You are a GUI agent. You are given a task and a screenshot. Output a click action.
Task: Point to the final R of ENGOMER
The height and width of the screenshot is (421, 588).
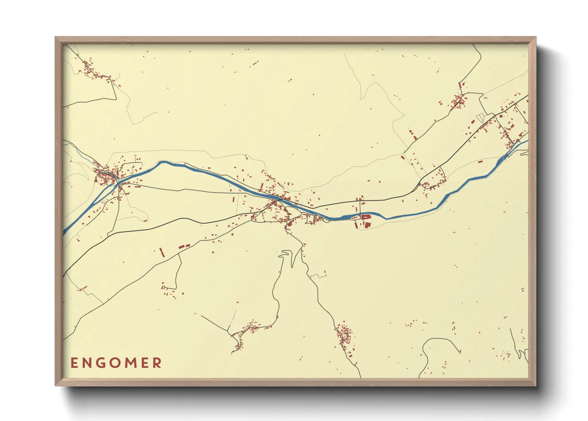pos(157,363)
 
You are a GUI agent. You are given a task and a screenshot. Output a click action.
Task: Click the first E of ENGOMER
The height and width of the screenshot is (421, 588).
pos(74,363)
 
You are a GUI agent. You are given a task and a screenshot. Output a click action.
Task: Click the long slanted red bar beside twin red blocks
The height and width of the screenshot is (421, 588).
pos(161,252)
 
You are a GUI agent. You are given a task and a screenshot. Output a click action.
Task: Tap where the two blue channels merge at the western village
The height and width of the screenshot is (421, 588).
pos(118,184)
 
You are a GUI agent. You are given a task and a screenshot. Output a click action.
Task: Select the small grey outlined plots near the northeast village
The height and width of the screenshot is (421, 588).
pos(480,117)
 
